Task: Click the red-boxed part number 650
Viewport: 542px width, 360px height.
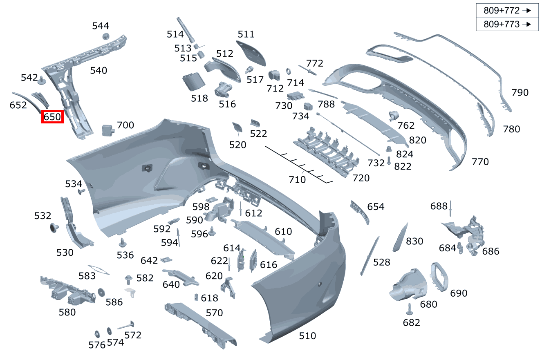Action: point(52,117)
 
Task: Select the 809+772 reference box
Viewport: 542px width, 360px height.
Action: point(507,11)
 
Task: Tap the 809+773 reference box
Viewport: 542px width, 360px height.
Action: point(507,24)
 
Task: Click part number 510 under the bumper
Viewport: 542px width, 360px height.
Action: point(307,336)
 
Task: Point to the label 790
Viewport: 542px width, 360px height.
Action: point(520,93)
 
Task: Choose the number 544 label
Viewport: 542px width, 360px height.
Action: point(101,26)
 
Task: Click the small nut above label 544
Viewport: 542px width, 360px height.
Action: point(105,36)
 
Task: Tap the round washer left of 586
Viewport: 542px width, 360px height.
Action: point(101,292)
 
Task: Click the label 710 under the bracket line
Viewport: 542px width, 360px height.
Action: point(297,179)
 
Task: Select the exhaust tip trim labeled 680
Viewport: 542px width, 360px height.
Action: point(406,286)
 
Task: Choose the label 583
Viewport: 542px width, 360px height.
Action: point(87,276)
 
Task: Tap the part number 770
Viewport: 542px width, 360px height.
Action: point(480,162)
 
